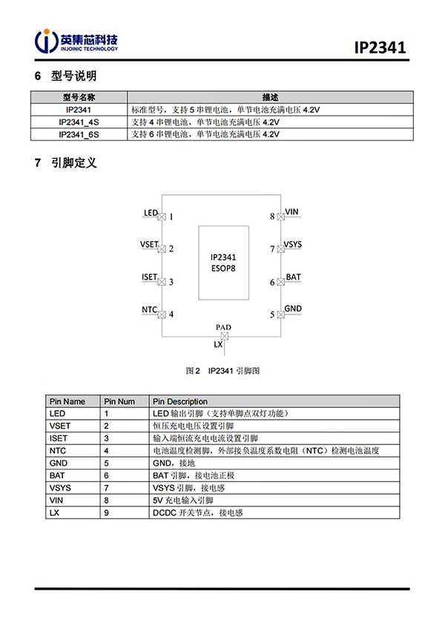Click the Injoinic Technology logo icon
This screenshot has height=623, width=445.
pyautogui.click(x=47, y=42)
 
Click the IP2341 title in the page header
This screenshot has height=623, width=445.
pyautogui.click(x=380, y=48)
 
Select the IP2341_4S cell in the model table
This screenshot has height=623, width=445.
pyautogui.click(x=78, y=122)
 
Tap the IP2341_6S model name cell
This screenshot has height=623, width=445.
pyautogui.click(x=78, y=134)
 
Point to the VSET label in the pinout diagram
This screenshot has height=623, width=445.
pyautogui.click(x=149, y=244)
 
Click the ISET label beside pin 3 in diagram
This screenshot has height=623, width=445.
pyautogui.click(x=149, y=277)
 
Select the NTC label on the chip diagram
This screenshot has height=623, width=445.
pyautogui.click(x=149, y=309)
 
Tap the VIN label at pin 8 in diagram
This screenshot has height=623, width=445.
pyautogui.click(x=291, y=213)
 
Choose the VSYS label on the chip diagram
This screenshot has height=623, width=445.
pyautogui.click(x=293, y=244)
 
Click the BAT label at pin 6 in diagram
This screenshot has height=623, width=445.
pyautogui.click(x=293, y=277)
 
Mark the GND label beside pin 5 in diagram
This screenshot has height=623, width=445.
pyautogui.click(x=293, y=309)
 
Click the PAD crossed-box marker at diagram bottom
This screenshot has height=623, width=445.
pyautogui.click(x=223, y=336)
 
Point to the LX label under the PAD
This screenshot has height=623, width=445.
pyautogui.click(x=218, y=345)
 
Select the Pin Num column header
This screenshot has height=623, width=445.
pyautogui.click(x=119, y=401)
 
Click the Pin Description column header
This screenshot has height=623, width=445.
pyautogui.click(x=180, y=401)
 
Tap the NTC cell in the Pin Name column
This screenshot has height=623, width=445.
pyautogui.click(x=58, y=450)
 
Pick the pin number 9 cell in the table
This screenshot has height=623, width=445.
pyautogui.click(x=107, y=512)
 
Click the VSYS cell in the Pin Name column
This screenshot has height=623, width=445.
pyautogui.click(x=60, y=487)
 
